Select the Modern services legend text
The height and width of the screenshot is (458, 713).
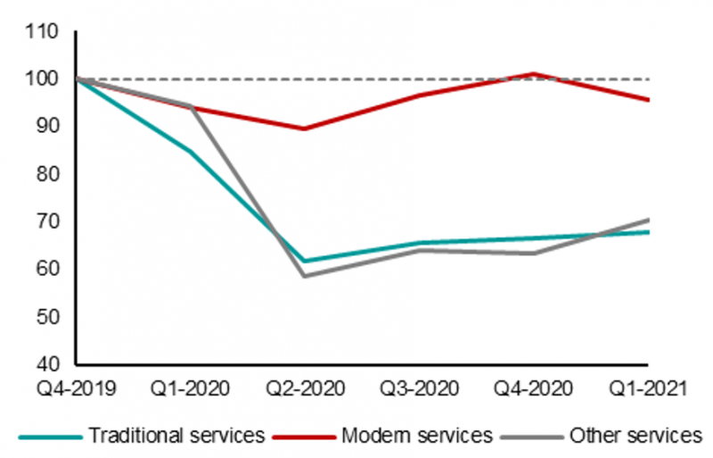[x=415, y=435]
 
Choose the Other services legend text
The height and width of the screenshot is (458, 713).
[x=635, y=435]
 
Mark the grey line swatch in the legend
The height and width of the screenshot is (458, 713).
[x=532, y=436]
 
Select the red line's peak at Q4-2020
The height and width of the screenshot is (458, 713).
[x=533, y=74]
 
